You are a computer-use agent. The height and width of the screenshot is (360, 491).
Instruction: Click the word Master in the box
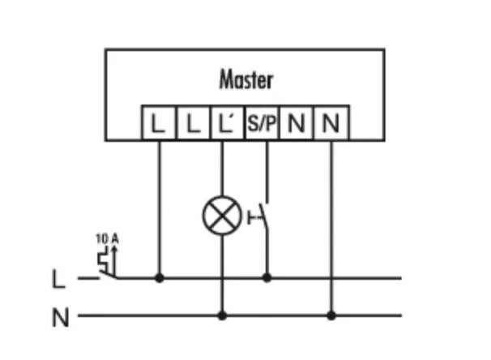tap(245, 80)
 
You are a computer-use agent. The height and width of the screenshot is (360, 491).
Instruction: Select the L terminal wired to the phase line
tap(157, 123)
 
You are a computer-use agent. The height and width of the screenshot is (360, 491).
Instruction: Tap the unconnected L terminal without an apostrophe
tap(191, 123)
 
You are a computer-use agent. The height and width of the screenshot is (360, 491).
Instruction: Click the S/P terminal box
tap(261, 123)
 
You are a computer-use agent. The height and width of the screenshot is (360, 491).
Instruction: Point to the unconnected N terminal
tap(296, 123)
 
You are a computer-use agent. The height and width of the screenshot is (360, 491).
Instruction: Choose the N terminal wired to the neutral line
tap(330, 123)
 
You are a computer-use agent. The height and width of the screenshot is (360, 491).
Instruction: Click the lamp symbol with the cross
tap(221, 216)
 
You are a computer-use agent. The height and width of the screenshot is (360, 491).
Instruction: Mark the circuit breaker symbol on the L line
tap(105, 264)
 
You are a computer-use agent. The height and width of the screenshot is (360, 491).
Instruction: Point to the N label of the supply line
tap(59, 316)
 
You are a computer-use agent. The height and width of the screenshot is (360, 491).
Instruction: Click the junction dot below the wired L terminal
tap(159, 278)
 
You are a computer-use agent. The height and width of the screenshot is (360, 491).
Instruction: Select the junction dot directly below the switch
tap(267, 278)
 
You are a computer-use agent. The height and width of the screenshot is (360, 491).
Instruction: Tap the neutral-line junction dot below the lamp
tap(222, 314)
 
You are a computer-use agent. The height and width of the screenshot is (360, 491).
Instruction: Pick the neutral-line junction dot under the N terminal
tap(331, 314)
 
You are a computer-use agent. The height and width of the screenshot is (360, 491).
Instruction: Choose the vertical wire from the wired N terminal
tap(331, 219)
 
